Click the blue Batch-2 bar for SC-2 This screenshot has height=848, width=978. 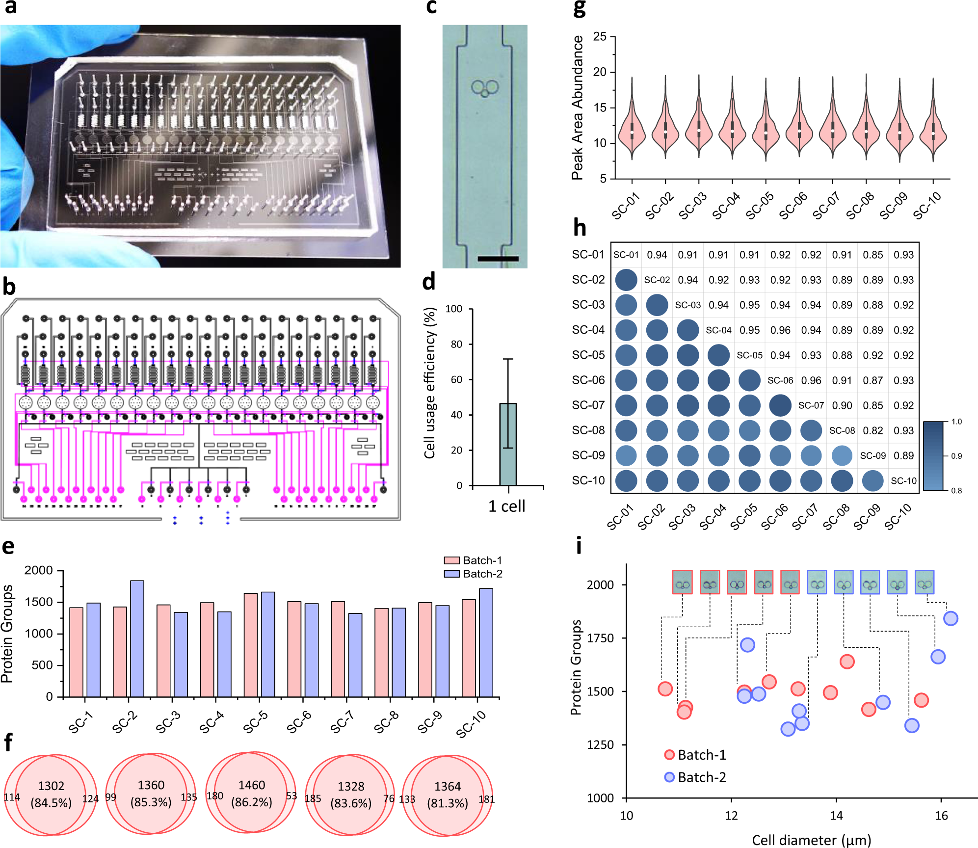click(x=137, y=638)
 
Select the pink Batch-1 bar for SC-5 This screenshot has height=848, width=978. click(x=251, y=645)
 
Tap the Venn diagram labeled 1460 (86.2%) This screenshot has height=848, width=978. click(x=251, y=794)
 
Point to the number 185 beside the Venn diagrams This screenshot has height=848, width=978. click(x=313, y=798)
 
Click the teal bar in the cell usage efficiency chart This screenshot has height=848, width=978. click(x=508, y=444)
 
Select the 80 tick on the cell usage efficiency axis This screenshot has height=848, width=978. click(x=456, y=344)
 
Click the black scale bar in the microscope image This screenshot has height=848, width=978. click(x=498, y=258)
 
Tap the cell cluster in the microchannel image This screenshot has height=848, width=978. click(x=485, y=88)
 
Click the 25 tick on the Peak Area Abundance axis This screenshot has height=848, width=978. click(x=600, y=37)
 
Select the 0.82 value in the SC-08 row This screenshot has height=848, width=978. click(x=873, y=430)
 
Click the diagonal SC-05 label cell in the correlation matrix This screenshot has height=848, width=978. click(x=749, y=355)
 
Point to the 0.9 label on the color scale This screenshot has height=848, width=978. click(x=956, y=456)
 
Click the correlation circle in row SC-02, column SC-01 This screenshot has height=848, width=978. click(x=626, y=280)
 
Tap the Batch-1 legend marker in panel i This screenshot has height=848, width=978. click(x=669, y=755)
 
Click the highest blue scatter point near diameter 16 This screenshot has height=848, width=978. click(x=951, y=618)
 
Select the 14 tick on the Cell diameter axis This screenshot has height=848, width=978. click(x=836, y=816)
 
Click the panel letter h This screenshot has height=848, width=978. click(x=580, y=228)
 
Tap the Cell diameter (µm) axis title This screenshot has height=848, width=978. click(x=811, y=840)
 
